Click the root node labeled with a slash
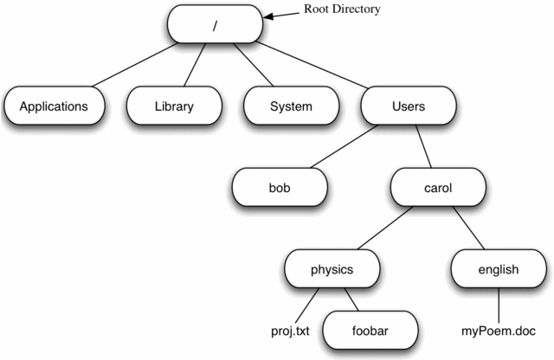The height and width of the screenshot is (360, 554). click(214, 23)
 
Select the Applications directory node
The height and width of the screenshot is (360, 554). click(54, 107)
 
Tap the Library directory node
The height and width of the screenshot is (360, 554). click(174, 107)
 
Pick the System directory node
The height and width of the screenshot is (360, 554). click(289, 107)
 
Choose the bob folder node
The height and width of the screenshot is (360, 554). click(278, 186)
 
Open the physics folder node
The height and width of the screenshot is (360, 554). click(332, 269)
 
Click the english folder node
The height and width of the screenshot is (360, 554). click(498, 269)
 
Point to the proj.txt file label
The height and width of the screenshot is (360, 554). click(291, 330)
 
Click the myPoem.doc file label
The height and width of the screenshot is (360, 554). click(499, 330)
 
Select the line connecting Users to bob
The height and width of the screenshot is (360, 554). click(343, 147)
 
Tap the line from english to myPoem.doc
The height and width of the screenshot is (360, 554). click(499, 305)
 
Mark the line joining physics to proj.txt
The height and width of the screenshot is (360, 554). click(306, 305)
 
